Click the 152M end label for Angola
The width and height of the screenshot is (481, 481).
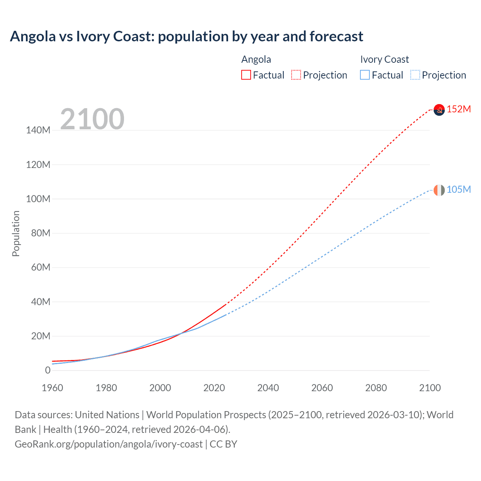[x=459, y=109]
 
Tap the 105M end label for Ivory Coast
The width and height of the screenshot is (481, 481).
[x=459, y=189]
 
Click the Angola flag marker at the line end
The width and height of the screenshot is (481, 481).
[x=439, y=110]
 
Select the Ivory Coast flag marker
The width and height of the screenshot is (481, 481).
[x=439, y=190]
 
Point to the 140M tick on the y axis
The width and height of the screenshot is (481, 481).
[x=38, y=130]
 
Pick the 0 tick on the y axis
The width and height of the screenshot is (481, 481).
[x=48, y=370]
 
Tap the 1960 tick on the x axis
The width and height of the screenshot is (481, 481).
[x=52, y=388]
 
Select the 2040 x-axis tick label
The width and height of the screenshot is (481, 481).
[x=268, y=388]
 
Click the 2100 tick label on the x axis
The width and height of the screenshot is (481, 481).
[x=430, y=388]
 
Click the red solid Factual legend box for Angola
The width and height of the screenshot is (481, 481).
[x=246, y=75]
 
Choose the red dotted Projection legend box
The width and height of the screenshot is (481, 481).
[x=296, y=75]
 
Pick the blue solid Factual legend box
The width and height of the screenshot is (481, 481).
[x=365, y=75]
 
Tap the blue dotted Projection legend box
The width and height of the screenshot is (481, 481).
[x=415, y=75]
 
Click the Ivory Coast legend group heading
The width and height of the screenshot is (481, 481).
[x=384, y=59]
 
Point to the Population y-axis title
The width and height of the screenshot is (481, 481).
[x=16, y=233]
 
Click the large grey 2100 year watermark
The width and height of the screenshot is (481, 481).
[x=92, y=119]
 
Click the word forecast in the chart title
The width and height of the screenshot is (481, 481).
[x=336, y=36]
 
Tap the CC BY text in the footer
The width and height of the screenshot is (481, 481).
[x=223, y=444]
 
